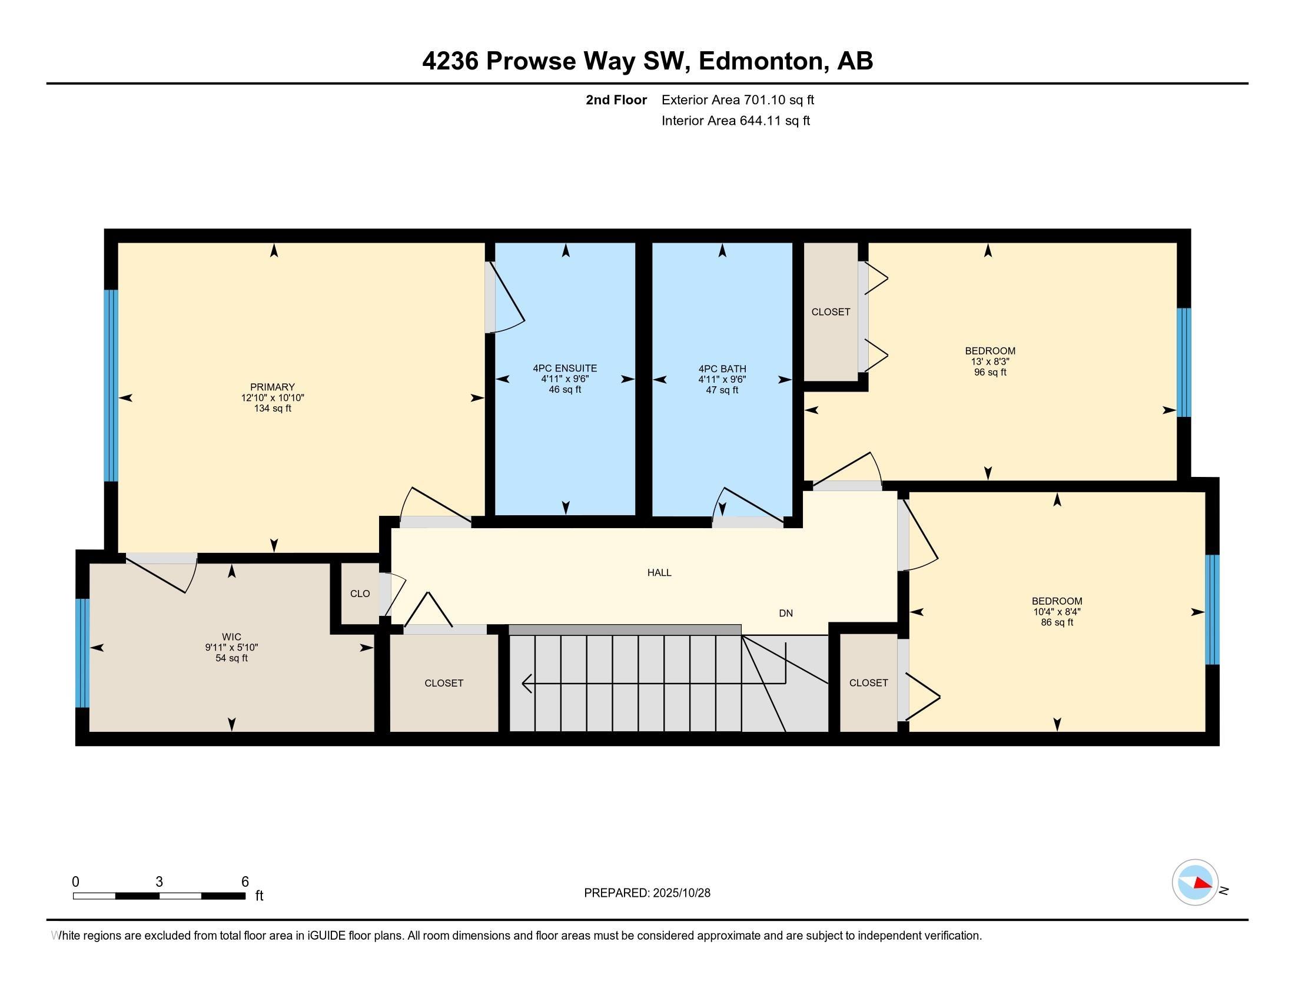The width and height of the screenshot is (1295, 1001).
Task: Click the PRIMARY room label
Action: click(272, 387)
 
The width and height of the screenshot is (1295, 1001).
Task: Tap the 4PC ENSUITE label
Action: click(565, 368)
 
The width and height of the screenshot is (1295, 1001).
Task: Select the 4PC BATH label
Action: click(722, 369)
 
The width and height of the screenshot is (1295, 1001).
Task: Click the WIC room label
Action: click(231, 637)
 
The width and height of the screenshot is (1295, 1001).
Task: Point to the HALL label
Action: click(659, 572)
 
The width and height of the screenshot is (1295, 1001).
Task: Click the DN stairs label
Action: click(786, 613)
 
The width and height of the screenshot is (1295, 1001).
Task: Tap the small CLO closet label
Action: click(360, 594)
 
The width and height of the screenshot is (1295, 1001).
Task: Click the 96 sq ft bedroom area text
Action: click(989, 372)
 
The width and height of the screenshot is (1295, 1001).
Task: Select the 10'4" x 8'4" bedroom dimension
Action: click(1057, 611)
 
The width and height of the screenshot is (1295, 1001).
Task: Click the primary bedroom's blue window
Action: click(111, 386)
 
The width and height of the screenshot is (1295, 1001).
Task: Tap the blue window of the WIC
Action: click(82, 653)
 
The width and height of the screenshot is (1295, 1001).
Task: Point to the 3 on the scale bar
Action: click(159, 882)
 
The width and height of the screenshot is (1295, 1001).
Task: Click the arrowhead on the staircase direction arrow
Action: click(526, 683)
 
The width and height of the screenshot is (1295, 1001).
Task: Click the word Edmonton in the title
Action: click(763, 61)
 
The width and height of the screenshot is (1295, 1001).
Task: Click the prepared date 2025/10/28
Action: click(680, 893)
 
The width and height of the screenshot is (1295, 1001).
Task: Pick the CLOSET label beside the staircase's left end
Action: click(443, 683)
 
